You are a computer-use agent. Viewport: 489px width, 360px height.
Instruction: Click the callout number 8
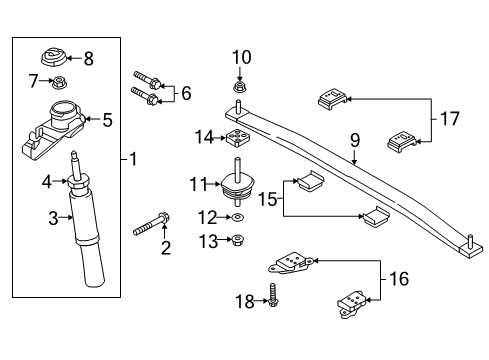pos(88,59)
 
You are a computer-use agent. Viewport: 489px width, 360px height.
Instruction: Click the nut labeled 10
pos(240,87)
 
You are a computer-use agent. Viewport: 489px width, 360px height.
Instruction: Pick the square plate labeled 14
pos(238,138)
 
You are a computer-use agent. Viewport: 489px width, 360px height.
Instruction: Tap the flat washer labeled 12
pos(238,218)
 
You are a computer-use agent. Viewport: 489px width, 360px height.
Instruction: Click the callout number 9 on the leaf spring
pos(354,157)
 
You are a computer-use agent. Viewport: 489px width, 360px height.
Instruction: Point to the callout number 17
pos(451,118)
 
